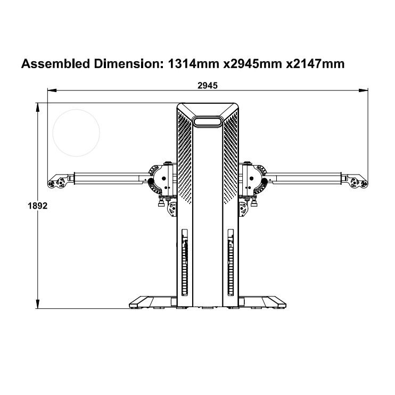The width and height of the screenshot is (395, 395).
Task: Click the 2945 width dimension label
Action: (x=207, y=86)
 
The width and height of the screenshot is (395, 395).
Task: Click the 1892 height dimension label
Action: (x=38, y=206)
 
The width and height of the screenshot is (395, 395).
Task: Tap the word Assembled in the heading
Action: (x=56, y=64)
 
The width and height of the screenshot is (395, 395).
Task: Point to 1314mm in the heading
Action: (x=193, y=64)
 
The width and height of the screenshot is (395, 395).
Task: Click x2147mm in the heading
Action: (x=315, y=64)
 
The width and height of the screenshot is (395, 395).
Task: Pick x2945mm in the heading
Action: (x=253, y=64)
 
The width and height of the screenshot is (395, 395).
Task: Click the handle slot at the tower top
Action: (x=208, y=121)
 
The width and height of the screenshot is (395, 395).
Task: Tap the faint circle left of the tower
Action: (x=76, y=109)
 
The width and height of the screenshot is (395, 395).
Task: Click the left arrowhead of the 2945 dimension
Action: (x=52, y=90)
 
